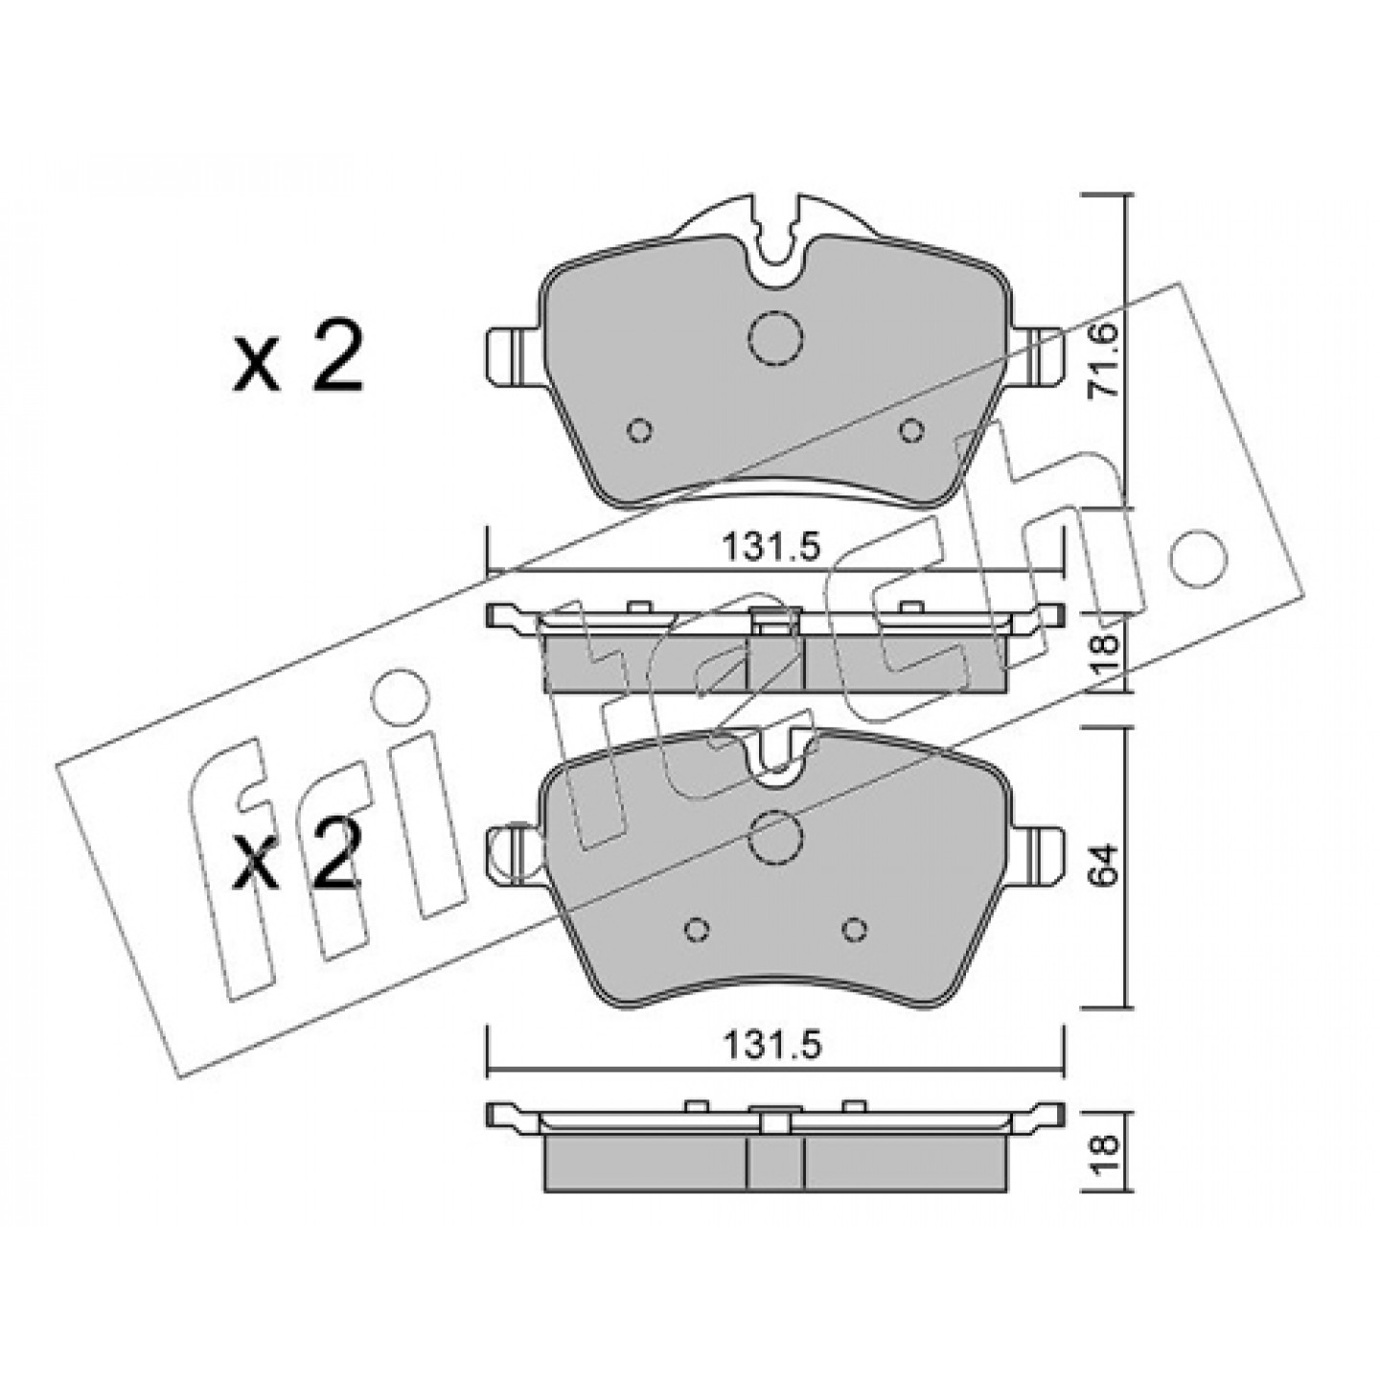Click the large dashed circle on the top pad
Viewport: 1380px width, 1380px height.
(x=775, y=338)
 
